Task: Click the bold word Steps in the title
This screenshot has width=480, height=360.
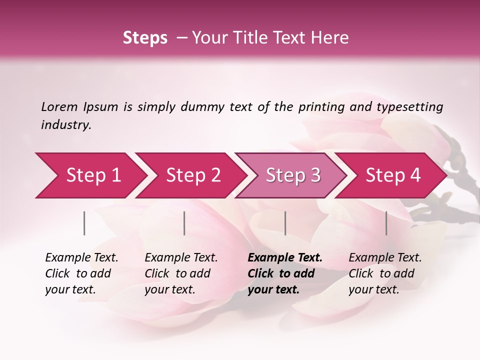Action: (x=145, y=38)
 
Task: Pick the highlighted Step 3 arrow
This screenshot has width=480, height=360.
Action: (x=291, y=175)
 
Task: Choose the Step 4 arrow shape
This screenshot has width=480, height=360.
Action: (x=391, y=175)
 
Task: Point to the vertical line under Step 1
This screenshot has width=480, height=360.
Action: (x=84, y=223)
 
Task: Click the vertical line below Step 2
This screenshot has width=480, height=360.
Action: (x=184, y=223)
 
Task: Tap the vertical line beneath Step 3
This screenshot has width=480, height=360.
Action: (x=285, y=223)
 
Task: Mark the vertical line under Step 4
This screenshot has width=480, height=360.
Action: (x=386, y=223)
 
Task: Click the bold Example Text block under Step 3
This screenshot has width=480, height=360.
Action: (x=285, y=273)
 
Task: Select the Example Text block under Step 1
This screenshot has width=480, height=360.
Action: (x=81, y=273)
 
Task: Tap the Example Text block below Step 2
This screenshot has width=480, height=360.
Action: (x=181, y=273)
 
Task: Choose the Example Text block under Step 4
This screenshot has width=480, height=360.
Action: (x=385, y=273)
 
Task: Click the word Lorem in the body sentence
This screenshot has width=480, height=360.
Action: (x=59, y=106)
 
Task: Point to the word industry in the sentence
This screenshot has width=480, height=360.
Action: (x=65, y=125)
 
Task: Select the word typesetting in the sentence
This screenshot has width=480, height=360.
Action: (x=409, y=107)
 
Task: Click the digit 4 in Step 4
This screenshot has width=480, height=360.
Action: (x=414, y=175)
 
